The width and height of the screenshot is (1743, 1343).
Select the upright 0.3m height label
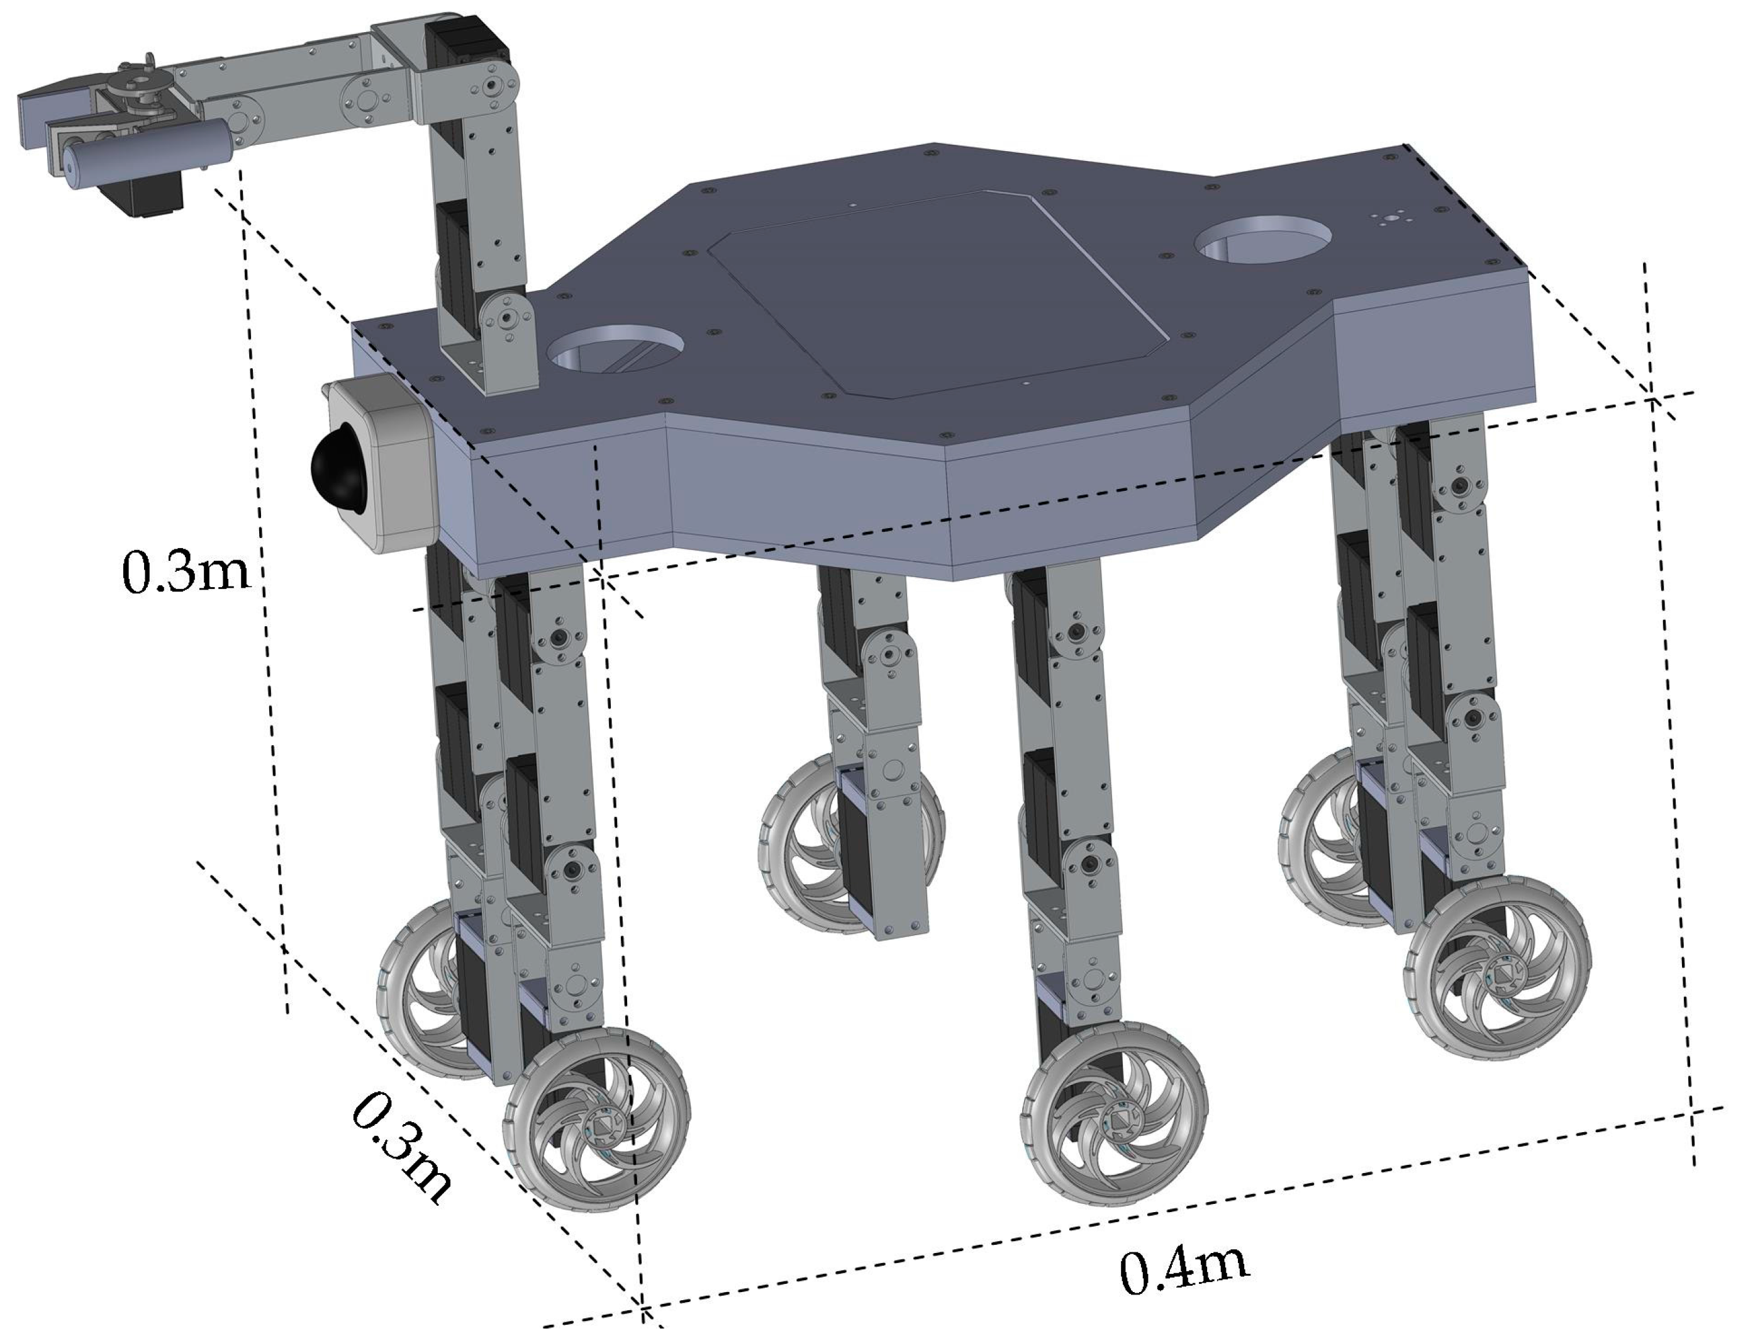click(185, 571)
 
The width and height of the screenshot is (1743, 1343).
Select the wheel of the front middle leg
click(1115, 1111)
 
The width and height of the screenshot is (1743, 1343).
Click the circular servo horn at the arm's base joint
click(506, 318)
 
